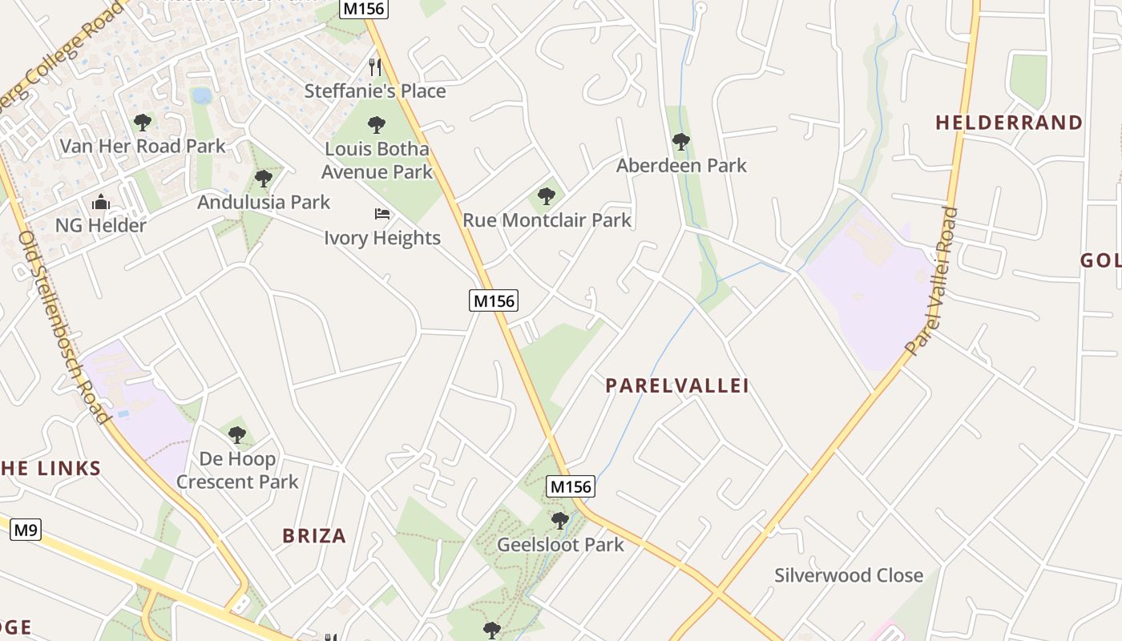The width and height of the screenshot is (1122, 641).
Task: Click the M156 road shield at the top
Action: point(364,9)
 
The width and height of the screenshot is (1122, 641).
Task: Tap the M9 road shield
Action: point(26,530)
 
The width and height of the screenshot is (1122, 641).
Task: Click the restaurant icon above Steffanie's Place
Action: point(375,67)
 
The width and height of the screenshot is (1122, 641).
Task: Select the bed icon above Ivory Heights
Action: point(382,214)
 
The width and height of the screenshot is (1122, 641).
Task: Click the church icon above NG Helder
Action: point(101,202)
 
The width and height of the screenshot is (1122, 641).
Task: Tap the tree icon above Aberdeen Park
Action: point(681,142)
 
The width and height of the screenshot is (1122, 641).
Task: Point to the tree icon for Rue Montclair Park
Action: point(547,196)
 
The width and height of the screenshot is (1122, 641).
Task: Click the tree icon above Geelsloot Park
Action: point(560,521)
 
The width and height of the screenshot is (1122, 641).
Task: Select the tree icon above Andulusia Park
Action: point(264,179)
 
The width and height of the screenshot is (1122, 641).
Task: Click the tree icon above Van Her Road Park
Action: point(143,123)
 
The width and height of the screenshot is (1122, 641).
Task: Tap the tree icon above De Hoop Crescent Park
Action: point(237,435)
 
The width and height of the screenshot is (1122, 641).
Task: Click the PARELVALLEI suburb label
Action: point(677,386)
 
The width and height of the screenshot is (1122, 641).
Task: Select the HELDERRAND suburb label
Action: point(1009,123)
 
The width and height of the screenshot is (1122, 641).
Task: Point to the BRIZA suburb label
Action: point(314,536)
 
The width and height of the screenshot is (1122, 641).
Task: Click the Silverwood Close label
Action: point(849,575)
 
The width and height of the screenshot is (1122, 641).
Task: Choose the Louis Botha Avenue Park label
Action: point(377,160)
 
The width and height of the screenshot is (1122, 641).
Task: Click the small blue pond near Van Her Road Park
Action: point(202,96)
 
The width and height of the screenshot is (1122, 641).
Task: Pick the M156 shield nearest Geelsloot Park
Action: point(571,486)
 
